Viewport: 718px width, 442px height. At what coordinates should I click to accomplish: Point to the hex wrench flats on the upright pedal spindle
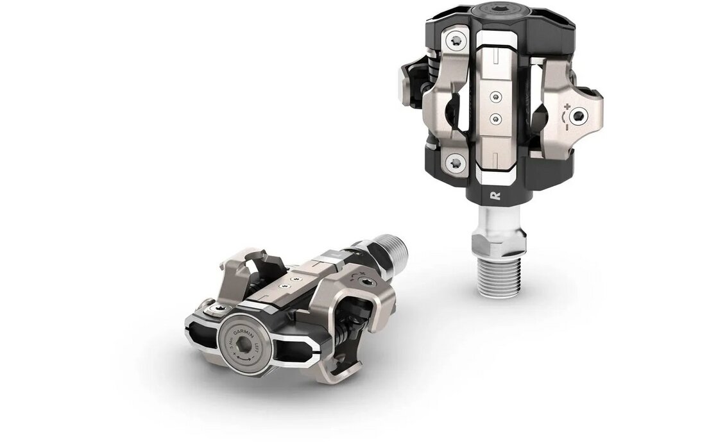[498, 243]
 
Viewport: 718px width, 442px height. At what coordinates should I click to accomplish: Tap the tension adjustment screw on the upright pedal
[581, 115]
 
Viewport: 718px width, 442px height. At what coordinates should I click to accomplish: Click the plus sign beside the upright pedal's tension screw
[568, 103]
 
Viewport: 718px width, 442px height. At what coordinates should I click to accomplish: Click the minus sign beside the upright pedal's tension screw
[568, 128]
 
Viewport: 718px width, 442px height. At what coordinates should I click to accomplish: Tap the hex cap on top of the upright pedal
[498, 10]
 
